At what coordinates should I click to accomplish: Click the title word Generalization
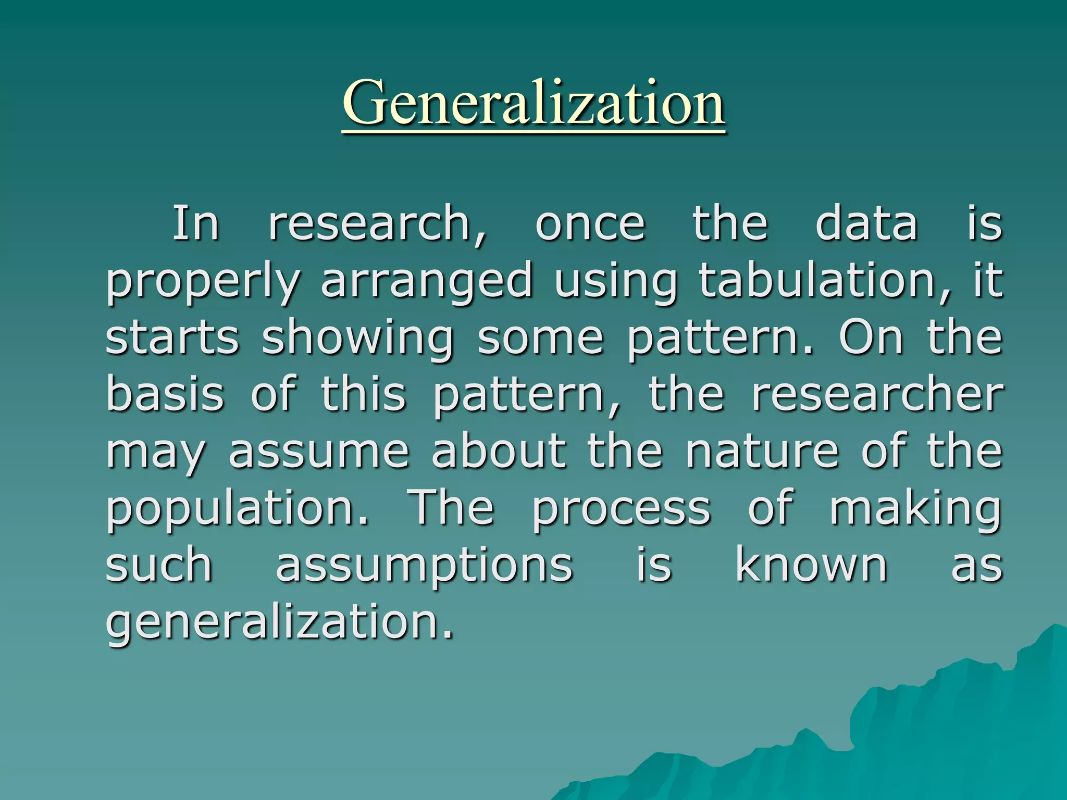pos(533,103)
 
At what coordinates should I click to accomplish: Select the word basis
pos(165,394)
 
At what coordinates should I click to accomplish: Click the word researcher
pos(877,394)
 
